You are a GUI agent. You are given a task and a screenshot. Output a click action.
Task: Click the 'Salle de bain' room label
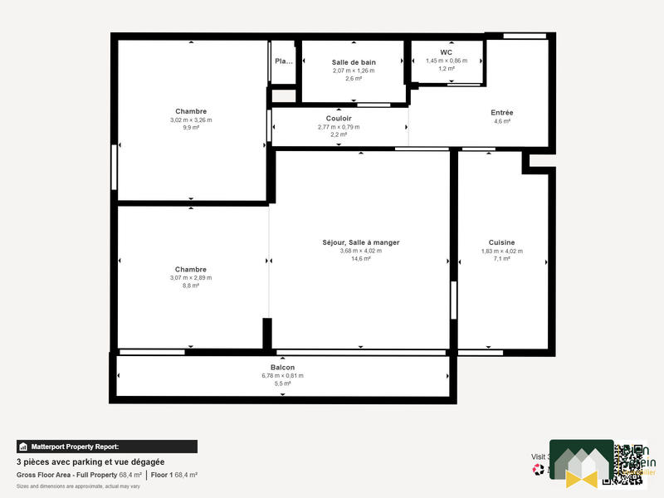[x=354, y=62]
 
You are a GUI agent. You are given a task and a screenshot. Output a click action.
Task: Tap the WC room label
[x=446, y=51]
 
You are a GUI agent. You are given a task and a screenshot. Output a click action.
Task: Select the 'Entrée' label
[x=502, y=112]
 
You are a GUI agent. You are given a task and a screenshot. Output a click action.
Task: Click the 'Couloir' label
[x=339, y=119]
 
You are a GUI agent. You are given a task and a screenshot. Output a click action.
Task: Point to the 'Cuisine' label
[x=501, y=242]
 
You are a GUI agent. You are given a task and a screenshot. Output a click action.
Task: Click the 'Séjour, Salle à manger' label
[x=360, y=242]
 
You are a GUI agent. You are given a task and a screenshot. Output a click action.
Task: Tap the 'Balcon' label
[x=282, y=368]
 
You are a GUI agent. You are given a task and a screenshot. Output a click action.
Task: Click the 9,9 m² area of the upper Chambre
[x=191, y=129]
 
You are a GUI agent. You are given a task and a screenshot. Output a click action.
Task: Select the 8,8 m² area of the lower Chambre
[x=191, y=286]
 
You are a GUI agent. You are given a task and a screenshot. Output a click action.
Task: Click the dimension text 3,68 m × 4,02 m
[x=360, y=251]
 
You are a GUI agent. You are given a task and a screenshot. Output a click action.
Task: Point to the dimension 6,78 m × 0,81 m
[x=282, y=376]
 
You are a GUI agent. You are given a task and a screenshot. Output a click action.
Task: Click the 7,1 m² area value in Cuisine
[x=501, y=259]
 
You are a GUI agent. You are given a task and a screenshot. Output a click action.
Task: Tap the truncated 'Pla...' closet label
[x=284, y=61]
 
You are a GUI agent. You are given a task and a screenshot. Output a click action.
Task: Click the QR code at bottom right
[x=629, y=464]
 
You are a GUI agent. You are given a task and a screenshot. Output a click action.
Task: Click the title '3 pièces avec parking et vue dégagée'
[x=90, y=461]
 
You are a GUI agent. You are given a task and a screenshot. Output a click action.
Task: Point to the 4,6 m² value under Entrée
[x=502, y=121]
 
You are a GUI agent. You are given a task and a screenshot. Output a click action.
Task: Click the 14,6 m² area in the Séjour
[x=360, y=259]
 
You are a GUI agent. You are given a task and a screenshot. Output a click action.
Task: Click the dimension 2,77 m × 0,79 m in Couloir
[x=339, y=127]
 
